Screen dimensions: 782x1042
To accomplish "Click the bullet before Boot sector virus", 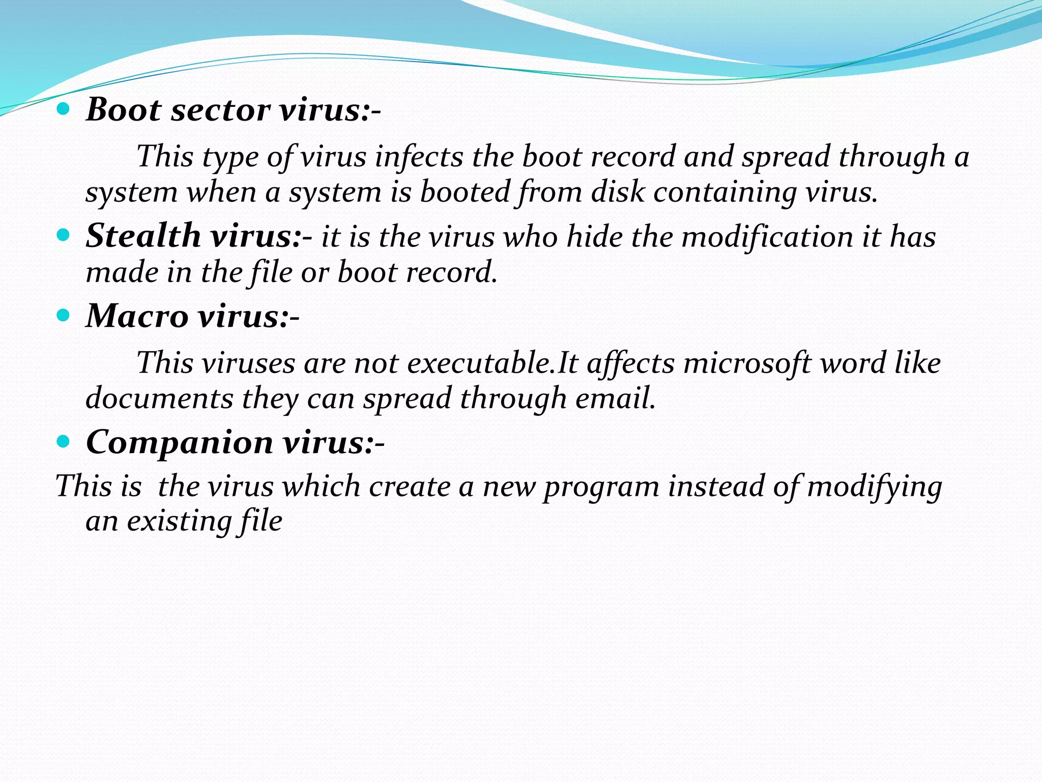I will click(63, 109).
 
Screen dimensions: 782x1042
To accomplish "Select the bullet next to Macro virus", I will click(63, 316).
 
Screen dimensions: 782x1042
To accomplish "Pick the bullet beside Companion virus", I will click(63, 441).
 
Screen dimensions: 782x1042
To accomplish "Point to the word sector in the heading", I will click(220, 110).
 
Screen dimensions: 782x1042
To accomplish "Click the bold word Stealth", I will click(143, 236).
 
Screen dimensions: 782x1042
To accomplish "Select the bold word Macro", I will click(137, 316).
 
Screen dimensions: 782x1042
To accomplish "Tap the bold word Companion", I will click(180, 442).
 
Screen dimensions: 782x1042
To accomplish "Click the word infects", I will click(419, 156).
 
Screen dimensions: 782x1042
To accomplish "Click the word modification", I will click(767, 237).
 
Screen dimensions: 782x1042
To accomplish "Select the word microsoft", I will click(747, 363).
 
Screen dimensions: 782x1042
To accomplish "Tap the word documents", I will click(159, 398).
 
